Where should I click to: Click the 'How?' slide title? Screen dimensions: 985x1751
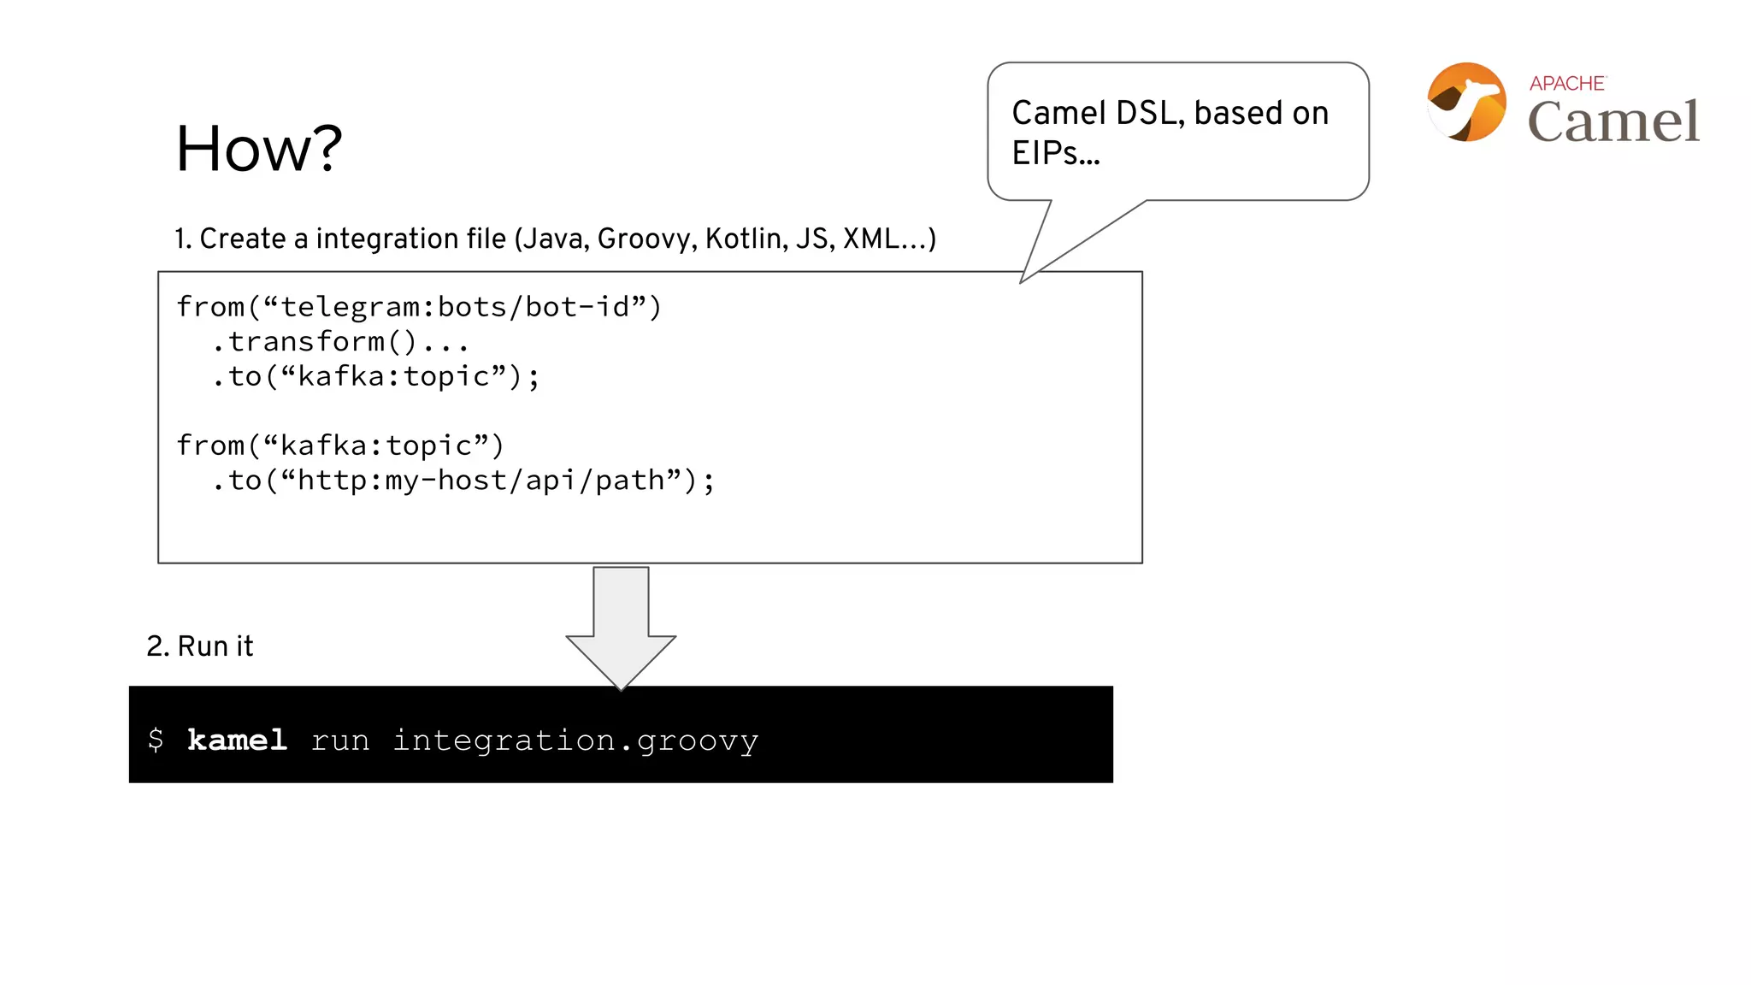point(258,149)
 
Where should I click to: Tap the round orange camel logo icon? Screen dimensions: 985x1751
point(1466,102)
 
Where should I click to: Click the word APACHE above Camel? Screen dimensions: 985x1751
point(1567,84)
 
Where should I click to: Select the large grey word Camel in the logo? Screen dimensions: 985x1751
point(1613,121)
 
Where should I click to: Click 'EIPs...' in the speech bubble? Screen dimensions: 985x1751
point(1056,153)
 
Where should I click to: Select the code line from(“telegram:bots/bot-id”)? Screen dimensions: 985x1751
point(419,307)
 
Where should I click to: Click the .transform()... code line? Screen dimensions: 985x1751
point(340,342)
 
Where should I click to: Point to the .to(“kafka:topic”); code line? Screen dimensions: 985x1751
point(375,376)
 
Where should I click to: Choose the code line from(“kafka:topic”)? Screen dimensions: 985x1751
point(340,445)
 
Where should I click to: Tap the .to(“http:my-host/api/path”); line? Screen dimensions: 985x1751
point(463,481)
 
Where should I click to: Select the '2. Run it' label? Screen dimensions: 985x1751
point(200,646)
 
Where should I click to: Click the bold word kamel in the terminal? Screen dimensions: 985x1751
point(237,740)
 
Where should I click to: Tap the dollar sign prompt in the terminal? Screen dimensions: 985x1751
point(156,740)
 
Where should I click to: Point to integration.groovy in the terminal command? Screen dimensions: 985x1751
point(575,740)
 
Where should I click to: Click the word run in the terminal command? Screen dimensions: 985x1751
point(340,740)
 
